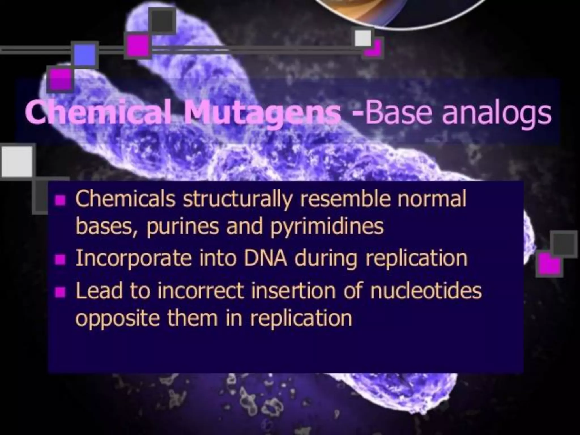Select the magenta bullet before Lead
[60, 292]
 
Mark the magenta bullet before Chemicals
[60, 200]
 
